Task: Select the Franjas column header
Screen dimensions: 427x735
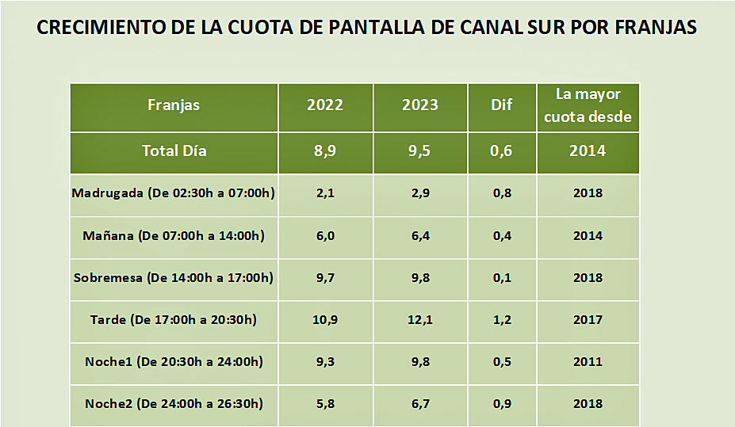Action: click(x=174, y=105)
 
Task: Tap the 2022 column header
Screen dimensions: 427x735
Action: click(x=325, y=105)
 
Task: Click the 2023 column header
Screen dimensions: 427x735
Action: click(x=419, y=105)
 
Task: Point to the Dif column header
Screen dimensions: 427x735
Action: click(x=501, y=105)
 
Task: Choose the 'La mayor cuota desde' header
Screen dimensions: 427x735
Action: click(x=588, y=106)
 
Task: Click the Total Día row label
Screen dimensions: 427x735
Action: click(x=174, y=151)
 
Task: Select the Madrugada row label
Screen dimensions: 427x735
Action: click(x=174, y=193)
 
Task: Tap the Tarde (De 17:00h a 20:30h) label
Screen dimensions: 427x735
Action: click(x=174, y=320)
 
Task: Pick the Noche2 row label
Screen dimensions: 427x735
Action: click(x=174, y=404)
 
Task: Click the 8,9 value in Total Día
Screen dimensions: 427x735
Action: click(x=325, y=151)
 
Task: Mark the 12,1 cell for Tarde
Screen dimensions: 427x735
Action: click(x=419, y=320)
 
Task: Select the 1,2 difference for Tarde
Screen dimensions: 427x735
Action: click(x=501, y=320)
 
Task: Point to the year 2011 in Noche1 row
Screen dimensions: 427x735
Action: click(x=588, y=362)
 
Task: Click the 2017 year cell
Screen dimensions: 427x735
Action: click(x=588, y=320)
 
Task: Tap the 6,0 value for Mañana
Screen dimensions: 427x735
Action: click(x=325, y=236)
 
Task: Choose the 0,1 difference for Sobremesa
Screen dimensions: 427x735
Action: click(x=501, y=278)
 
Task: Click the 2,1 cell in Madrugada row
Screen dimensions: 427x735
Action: click(x=325, y=193)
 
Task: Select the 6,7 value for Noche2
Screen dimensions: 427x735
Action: click(x=419, y=404)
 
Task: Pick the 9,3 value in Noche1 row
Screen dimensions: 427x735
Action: click(x=325, y=362)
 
